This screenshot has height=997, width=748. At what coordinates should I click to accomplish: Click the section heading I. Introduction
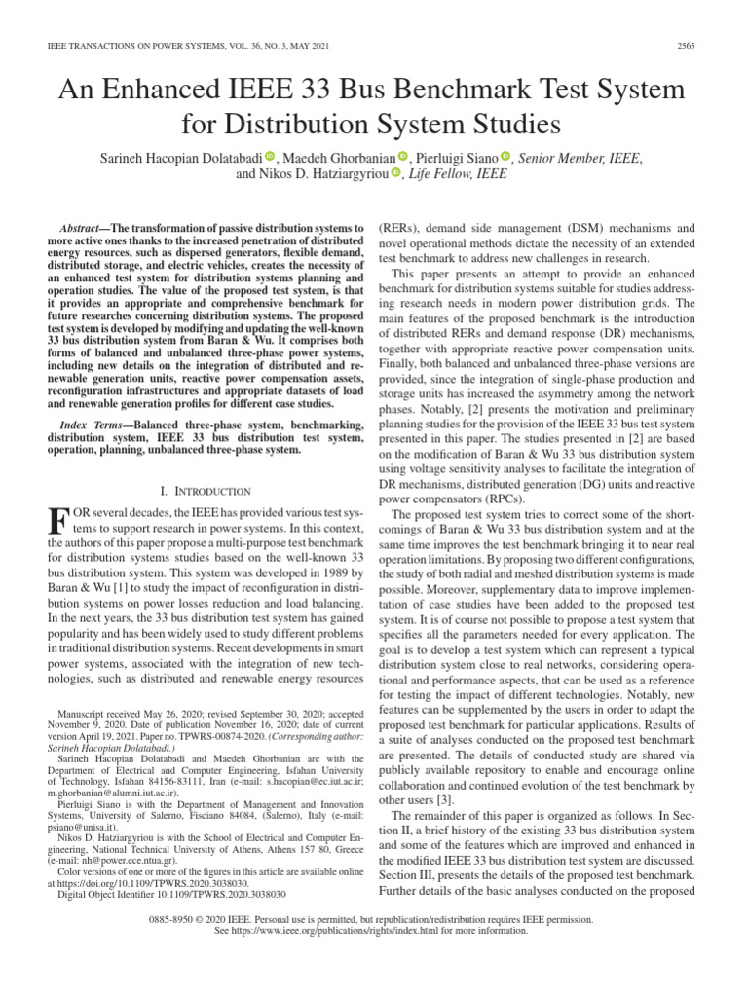coord(206,491)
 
